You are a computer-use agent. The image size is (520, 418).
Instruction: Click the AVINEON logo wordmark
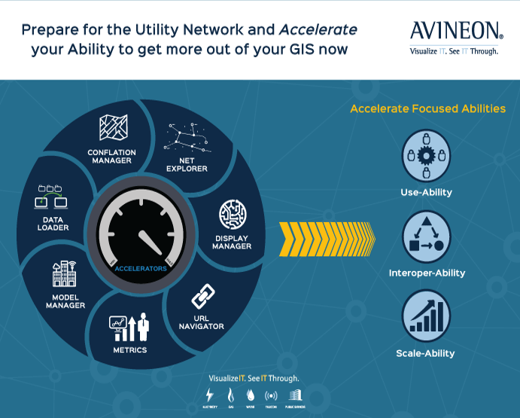[x=456, y=31]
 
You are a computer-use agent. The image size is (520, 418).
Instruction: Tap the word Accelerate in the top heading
[x=318, y=30]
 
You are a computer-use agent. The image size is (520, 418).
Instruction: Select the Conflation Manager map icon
[x=113, y=128]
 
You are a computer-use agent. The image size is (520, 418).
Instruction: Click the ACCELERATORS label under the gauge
[x=141, y=269]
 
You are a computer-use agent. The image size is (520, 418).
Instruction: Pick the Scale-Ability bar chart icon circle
[x=427, y=316]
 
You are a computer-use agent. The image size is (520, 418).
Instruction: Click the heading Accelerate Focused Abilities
[x=427, y=108]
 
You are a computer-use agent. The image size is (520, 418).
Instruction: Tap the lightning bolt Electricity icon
[x=209, y=395]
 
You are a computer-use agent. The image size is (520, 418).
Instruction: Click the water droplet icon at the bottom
[x=251, y=395]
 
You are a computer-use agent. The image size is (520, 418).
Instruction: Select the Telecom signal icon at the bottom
[x=271, y=395]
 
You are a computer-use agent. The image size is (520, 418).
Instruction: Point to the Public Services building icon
[x=295, y=395]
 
